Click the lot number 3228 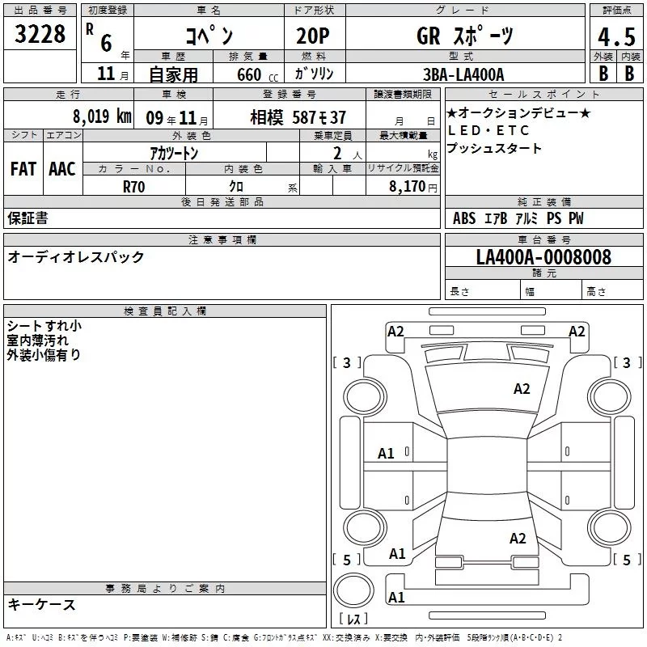(x=40, y=35)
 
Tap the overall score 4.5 (x=615, y=36)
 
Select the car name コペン (x=209, y=36)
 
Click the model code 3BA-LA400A (x=463, y=74)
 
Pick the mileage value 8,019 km (x=101, y=116)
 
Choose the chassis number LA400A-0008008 (x=543, y=257)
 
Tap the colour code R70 (x=134, y=185)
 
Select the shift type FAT (x=23, y=168)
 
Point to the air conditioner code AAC (x=61, y=168)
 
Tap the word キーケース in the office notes (x=42, y=604)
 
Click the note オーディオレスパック (x=76, y=257)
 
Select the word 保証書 (x=27, y=218)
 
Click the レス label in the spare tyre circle (x=353, y=620)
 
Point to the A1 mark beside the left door (x=387, y=453)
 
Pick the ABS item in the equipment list (x=464, y=218)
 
